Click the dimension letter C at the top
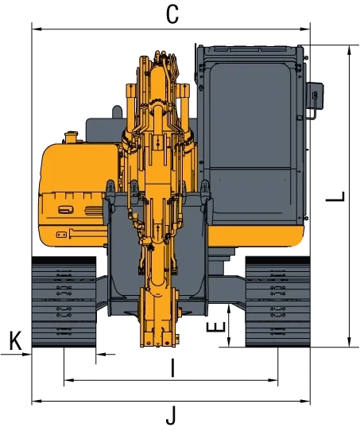tap(172, 14)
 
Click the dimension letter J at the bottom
tap(171, 416)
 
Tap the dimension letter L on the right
tap(335, 196)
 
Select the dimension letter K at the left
tap(15, 340)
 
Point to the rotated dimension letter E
tap(215, 327)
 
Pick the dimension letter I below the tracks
tap(172, 367)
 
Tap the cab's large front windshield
tap(250, 115)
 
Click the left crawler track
tap(64, 302)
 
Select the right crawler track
tap(277, 302)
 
